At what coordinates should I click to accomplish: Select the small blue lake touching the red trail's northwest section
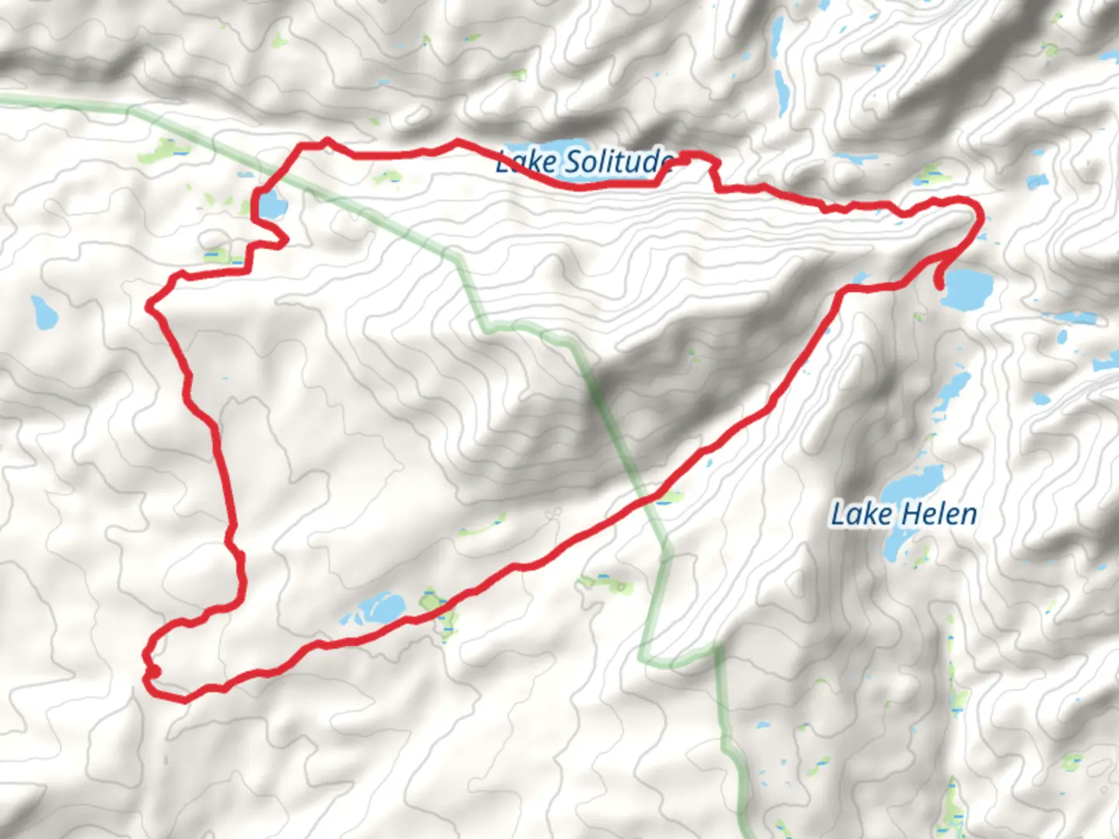click(x=272, y=206)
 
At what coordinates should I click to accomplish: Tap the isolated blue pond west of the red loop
click(x=44, y=312)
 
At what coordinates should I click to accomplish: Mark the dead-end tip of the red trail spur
click(x=942, y=286)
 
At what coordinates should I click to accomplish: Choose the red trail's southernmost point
click(x=182, y=700)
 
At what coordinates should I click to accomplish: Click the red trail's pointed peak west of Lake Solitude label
click(x=327, y=141)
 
